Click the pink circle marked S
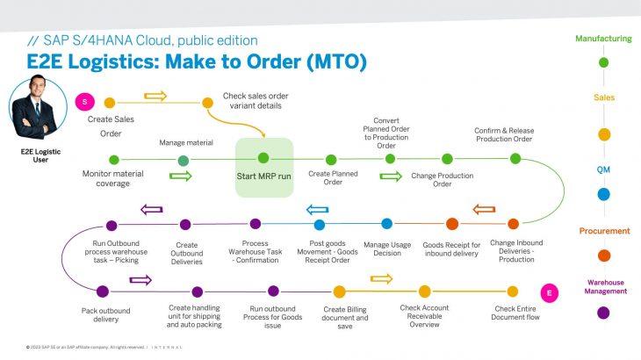tap(85, 103)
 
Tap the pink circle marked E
tap(550, 292)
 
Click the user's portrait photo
tap(40, 107)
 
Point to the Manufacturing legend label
tap(602, 39)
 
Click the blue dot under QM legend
tap(603, 194)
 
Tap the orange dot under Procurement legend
tap(603, 256)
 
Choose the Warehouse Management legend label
tap(602, 286)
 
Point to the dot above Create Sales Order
tap(110, 103)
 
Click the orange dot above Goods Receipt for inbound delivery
tap(452, 224)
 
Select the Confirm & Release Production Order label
tap(503, 134)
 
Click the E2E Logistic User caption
tap(39, 157)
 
